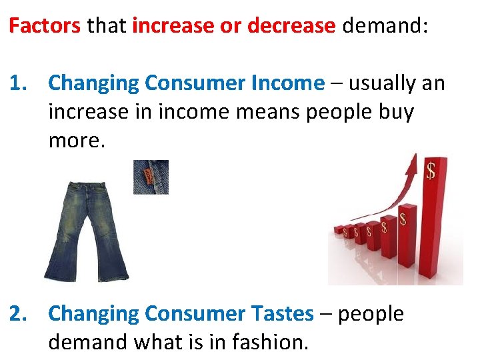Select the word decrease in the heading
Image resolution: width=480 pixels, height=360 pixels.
(x=291, y=26)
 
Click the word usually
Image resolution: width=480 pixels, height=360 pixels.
(x=383, y=83)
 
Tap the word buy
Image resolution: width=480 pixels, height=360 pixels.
(x=396, y=112)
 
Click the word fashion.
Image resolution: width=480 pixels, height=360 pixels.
(x=271, y=342)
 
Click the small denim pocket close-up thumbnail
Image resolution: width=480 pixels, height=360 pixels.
(x=151, y=177)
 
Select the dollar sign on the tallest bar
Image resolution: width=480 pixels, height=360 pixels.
(x=431, y=172)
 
